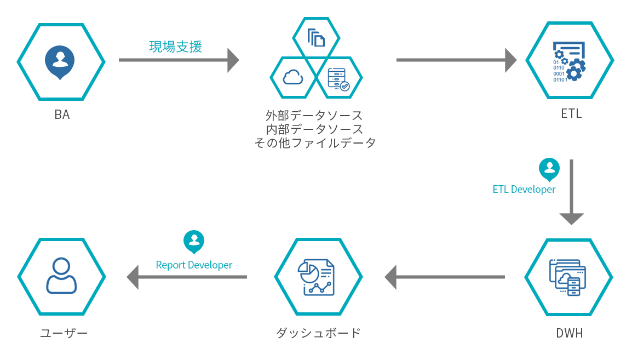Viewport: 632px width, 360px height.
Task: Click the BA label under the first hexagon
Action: click(62, 115)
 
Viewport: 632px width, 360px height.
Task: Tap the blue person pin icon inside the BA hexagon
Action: click(60, 62)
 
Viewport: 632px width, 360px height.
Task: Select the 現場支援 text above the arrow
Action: click(175, 47)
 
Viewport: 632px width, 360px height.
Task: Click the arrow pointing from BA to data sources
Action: click(179, 60)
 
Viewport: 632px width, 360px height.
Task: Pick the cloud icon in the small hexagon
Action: click(293, 77)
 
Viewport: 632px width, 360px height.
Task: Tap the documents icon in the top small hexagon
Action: click(316, 38)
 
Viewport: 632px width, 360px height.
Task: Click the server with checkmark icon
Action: click(338, 79)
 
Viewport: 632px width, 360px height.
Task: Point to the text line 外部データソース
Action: click(314, 116)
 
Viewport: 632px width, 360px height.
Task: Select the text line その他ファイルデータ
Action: click(315, 142)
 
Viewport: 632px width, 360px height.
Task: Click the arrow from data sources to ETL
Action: click(457, 60)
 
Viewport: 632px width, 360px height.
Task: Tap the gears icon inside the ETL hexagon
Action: click(568, 62)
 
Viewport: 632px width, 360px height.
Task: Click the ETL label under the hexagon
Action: click(571, 113)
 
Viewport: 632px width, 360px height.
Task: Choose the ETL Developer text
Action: click(524, 190)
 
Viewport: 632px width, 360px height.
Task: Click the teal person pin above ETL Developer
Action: click(549, 169)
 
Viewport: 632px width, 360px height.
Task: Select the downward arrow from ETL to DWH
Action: click(572, 192)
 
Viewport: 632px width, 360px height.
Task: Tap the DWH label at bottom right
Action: click(569, 333)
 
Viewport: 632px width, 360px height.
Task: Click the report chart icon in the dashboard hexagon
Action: click(316, 277)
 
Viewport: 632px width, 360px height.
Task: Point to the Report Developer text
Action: click(194, 265)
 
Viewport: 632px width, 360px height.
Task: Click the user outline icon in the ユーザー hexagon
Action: click(61, 276)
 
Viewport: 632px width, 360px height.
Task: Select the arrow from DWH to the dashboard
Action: click(445, 277)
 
